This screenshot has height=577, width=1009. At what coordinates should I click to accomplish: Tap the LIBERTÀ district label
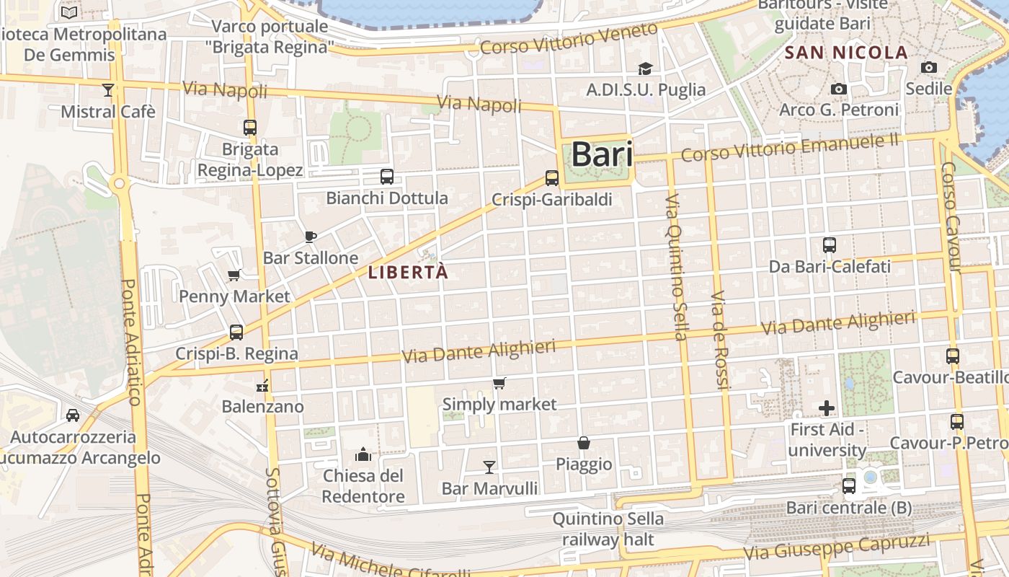[x=408, y=273]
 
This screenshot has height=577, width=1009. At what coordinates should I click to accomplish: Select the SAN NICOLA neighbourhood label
[x=846, y=53]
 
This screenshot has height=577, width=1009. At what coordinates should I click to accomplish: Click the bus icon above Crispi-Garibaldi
[x=551, y=177]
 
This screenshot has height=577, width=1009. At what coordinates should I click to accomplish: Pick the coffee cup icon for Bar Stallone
[x=311, y=237]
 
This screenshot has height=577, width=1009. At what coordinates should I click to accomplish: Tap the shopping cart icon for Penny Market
[x=234, y=275]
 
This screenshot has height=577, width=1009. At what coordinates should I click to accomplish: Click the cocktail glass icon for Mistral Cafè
[x=108, y=90]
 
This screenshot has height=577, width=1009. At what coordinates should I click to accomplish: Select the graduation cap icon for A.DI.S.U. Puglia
[x=645, y=69]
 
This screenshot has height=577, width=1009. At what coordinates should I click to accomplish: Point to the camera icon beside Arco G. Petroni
[x=839, y=89]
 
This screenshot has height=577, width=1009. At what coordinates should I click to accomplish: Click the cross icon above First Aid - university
[x=827, y=408]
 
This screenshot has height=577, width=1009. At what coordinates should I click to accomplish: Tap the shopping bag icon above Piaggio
[x=584, y=443]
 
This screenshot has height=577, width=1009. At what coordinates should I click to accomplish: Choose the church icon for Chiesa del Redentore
[x=363, y=454]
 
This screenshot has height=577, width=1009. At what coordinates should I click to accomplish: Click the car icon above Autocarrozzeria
[x=73, y=415]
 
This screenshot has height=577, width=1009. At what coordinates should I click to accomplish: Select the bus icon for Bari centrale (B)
[x=849, y=486]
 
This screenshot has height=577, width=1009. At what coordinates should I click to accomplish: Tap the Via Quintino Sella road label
[x=676, y=267]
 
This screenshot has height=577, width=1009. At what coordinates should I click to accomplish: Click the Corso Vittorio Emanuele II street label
[x=789, y=148]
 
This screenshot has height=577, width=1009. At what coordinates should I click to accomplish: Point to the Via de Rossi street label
[x=720, y=340]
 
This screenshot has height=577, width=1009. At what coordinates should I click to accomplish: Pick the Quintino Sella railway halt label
[x=608, y=529]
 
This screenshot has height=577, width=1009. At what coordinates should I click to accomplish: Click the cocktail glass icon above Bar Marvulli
[x=489, y=467]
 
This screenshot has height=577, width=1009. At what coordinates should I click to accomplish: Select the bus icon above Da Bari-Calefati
[x=830, y=245]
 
